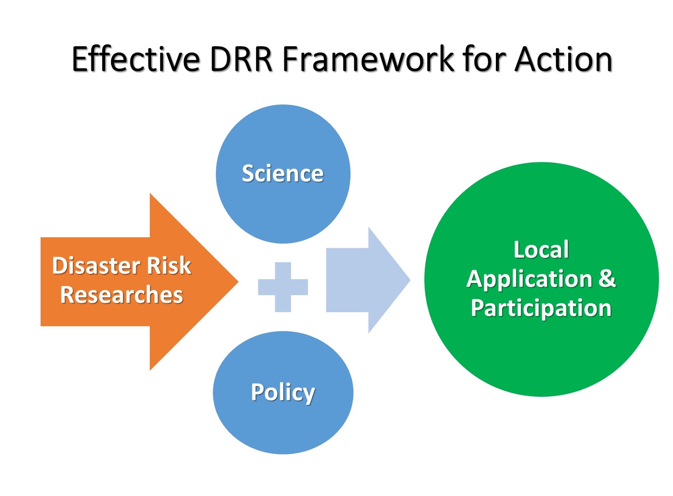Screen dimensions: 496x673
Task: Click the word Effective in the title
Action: pos(135,59)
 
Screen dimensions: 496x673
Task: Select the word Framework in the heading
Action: pos(368,59)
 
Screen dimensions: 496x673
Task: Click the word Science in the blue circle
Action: pos(283,174)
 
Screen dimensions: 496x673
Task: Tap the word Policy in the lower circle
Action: pos(283,392)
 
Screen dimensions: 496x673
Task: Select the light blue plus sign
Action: pos(283,287)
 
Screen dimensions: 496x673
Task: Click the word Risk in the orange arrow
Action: pos(168,266)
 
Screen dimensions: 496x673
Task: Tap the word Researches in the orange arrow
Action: pos(122,295)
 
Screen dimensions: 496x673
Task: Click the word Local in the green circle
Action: pos(541,250)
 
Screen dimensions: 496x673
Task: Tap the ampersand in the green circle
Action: pos(607,279)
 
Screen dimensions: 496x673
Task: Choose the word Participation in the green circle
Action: pos(541,308)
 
